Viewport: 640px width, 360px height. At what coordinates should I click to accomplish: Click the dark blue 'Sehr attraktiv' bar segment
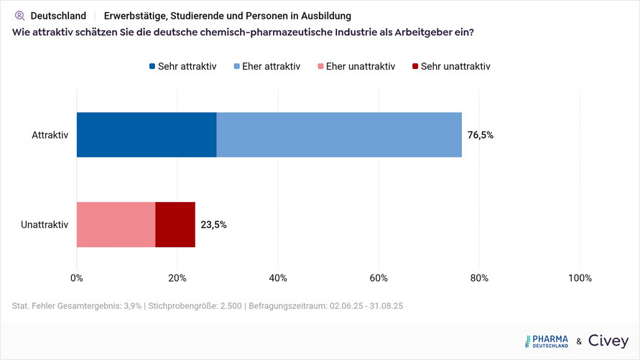pos(147,134)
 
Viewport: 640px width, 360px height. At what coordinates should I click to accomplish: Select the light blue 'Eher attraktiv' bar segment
pos(339,134)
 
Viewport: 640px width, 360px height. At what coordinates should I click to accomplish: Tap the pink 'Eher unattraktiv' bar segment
pos(116,224)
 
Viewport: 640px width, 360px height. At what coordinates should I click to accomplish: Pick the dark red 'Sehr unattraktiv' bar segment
pos(175,224)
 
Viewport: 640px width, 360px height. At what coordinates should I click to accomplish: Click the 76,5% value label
pos(481,134)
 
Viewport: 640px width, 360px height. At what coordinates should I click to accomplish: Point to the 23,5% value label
pos(213,224)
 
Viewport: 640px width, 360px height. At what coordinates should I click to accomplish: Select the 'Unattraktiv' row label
pos(45,224)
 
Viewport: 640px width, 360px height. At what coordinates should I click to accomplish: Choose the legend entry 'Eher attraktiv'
pos(266,66)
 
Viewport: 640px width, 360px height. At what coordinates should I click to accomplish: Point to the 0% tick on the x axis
pos(77,278)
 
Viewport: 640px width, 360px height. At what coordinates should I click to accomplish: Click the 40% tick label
pos(278,278)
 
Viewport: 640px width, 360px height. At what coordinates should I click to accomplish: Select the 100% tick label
pos(580,278)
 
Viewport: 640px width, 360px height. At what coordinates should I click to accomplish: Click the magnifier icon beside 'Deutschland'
pos(19,15)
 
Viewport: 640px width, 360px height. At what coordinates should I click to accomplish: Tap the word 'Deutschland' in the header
pos(58,15)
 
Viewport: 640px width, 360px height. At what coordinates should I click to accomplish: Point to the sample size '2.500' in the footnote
pos(224,306)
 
